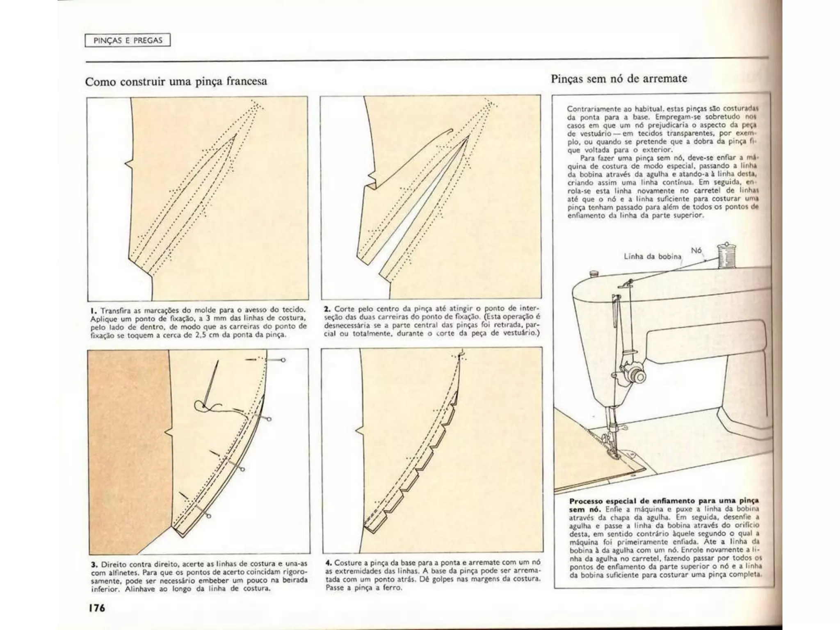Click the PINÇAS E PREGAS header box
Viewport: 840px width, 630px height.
128,40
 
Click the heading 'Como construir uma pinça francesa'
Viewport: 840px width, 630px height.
176,81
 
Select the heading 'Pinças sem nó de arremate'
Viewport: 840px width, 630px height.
619,78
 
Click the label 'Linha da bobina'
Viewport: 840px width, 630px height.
652,256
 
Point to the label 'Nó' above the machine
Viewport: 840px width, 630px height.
696,250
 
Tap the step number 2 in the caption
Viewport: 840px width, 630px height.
327,308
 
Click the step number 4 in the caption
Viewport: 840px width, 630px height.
328,562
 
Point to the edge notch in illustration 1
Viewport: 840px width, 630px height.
128,164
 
